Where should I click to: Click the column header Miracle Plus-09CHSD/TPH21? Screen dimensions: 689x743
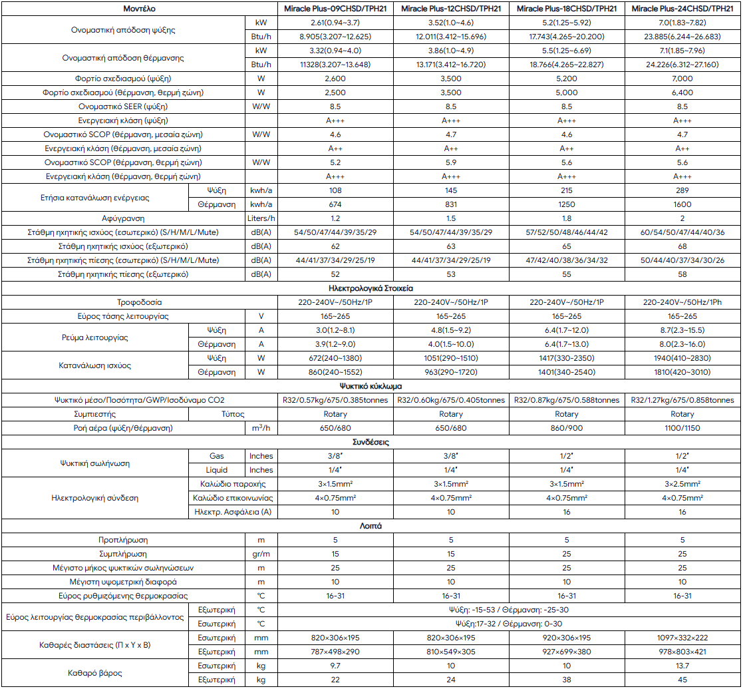(x=335, y=9)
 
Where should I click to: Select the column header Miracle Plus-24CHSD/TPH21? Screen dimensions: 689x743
(x=682, y=9)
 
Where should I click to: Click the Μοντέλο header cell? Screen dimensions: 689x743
(x=139, y=9)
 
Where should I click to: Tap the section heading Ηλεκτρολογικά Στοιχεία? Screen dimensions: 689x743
(x=371, y=289)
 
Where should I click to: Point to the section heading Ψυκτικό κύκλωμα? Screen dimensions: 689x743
(x=371, y=386)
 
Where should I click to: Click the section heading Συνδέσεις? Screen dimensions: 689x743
(x=371, y=442)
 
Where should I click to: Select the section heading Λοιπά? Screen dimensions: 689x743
(x=371, y=526)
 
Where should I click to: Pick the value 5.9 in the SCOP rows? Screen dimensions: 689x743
(x=451, y=162)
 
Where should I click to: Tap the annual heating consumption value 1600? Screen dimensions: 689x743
(x=682, y=204)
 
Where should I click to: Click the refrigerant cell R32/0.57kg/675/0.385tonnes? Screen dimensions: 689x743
(x=335, y=400)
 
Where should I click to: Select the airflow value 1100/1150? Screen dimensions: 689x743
(x=682, y=428)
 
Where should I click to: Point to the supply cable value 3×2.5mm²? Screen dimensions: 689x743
(x=682, y=484)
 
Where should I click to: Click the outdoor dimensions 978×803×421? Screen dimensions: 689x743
(x=682, y=652)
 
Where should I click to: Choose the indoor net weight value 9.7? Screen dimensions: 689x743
(x=335, y=666)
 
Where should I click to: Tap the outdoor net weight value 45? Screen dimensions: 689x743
(x=682, y=680)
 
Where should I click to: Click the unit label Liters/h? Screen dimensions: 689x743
(x=261, y=218)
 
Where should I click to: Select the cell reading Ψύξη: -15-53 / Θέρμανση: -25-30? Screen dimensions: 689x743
(x=509, y=610)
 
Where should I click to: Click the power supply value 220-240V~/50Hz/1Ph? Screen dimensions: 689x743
(x=682, y=302)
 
